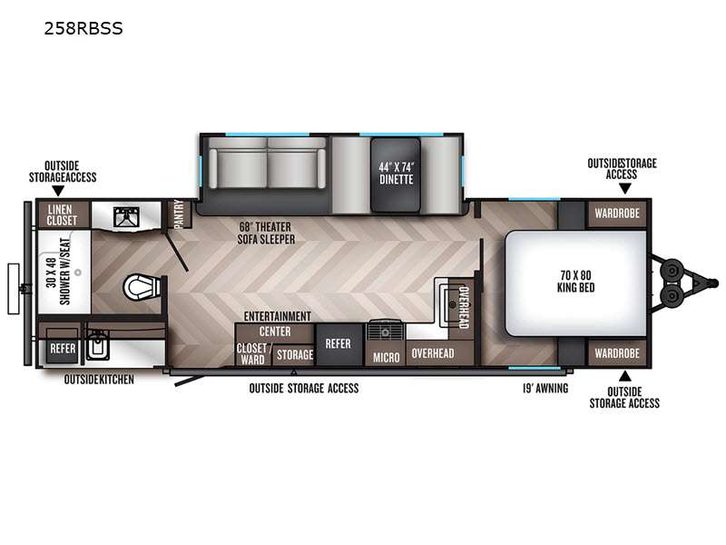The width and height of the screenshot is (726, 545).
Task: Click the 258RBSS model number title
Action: point(83,28)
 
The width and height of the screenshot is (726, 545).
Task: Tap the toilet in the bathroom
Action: point(142,287)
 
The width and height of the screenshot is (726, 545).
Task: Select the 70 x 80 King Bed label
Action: point(575,282)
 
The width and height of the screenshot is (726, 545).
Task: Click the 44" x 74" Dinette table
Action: point(396,174)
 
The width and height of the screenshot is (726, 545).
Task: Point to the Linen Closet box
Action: point(63,215)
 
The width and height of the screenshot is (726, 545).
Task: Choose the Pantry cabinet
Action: point(178,213)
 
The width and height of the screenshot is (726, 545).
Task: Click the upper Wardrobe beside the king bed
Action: point(617,213)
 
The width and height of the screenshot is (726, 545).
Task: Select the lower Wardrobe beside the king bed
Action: point(617,353)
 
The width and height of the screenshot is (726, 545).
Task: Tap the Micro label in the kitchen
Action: point(387,357)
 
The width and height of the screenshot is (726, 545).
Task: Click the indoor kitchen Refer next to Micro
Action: point(338,344)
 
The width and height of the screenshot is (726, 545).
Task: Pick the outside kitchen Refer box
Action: point(63,348)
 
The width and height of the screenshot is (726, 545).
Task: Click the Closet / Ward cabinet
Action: point(253,354)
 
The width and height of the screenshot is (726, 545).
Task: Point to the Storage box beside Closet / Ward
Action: point(294,354)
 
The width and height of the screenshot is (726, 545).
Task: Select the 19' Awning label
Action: point(545,389)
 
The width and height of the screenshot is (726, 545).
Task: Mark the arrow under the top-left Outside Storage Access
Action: point(58,191)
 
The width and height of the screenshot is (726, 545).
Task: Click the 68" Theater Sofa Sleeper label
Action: point(266,233)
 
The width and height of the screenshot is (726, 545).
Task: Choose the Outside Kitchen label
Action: point(99,380)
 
